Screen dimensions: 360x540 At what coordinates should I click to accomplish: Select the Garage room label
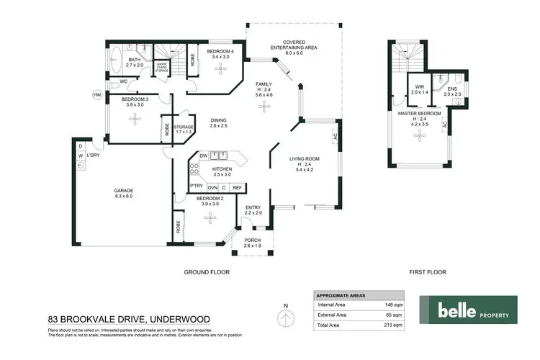pyautogui.click(x=124, y=192)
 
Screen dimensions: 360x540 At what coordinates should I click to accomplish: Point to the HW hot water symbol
pyautogui.click(x=96, y=94)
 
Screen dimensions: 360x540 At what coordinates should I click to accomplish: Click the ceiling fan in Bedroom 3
pyautogui.click(x=132, y=120)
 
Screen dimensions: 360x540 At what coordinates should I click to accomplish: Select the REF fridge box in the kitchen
pyautogui.click(x=236, y=187)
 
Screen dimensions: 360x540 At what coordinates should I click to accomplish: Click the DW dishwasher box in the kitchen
pyautogui.click(x=204, y=155)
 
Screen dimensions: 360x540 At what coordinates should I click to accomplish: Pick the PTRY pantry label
pyautogui.click(x=196, y=187)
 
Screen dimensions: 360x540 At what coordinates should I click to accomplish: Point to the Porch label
pyautogui.click(x=252, y=243)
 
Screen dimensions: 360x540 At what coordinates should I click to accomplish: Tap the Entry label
pyautogui.click(x=252, y=210)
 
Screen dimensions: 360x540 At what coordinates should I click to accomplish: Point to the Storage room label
pyautogui.click(x=184, y=129)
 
